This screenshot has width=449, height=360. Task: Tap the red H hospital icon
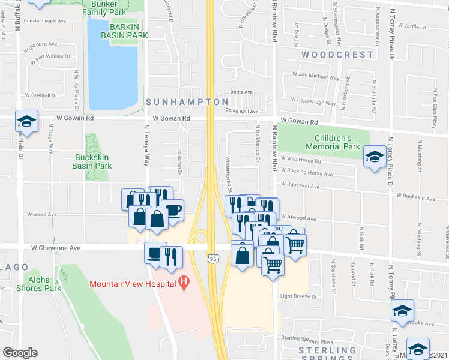[185, 281]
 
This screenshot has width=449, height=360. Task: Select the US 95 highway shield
[213, 259]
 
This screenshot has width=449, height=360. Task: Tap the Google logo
[20, 353]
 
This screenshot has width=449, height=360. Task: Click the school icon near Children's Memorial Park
[375, 158]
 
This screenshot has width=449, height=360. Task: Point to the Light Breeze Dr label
[298, 296]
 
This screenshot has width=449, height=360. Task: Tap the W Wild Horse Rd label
[300, 161]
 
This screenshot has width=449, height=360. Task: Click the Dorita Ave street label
[241, 92]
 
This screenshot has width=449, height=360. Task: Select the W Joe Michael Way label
[316, 76]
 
